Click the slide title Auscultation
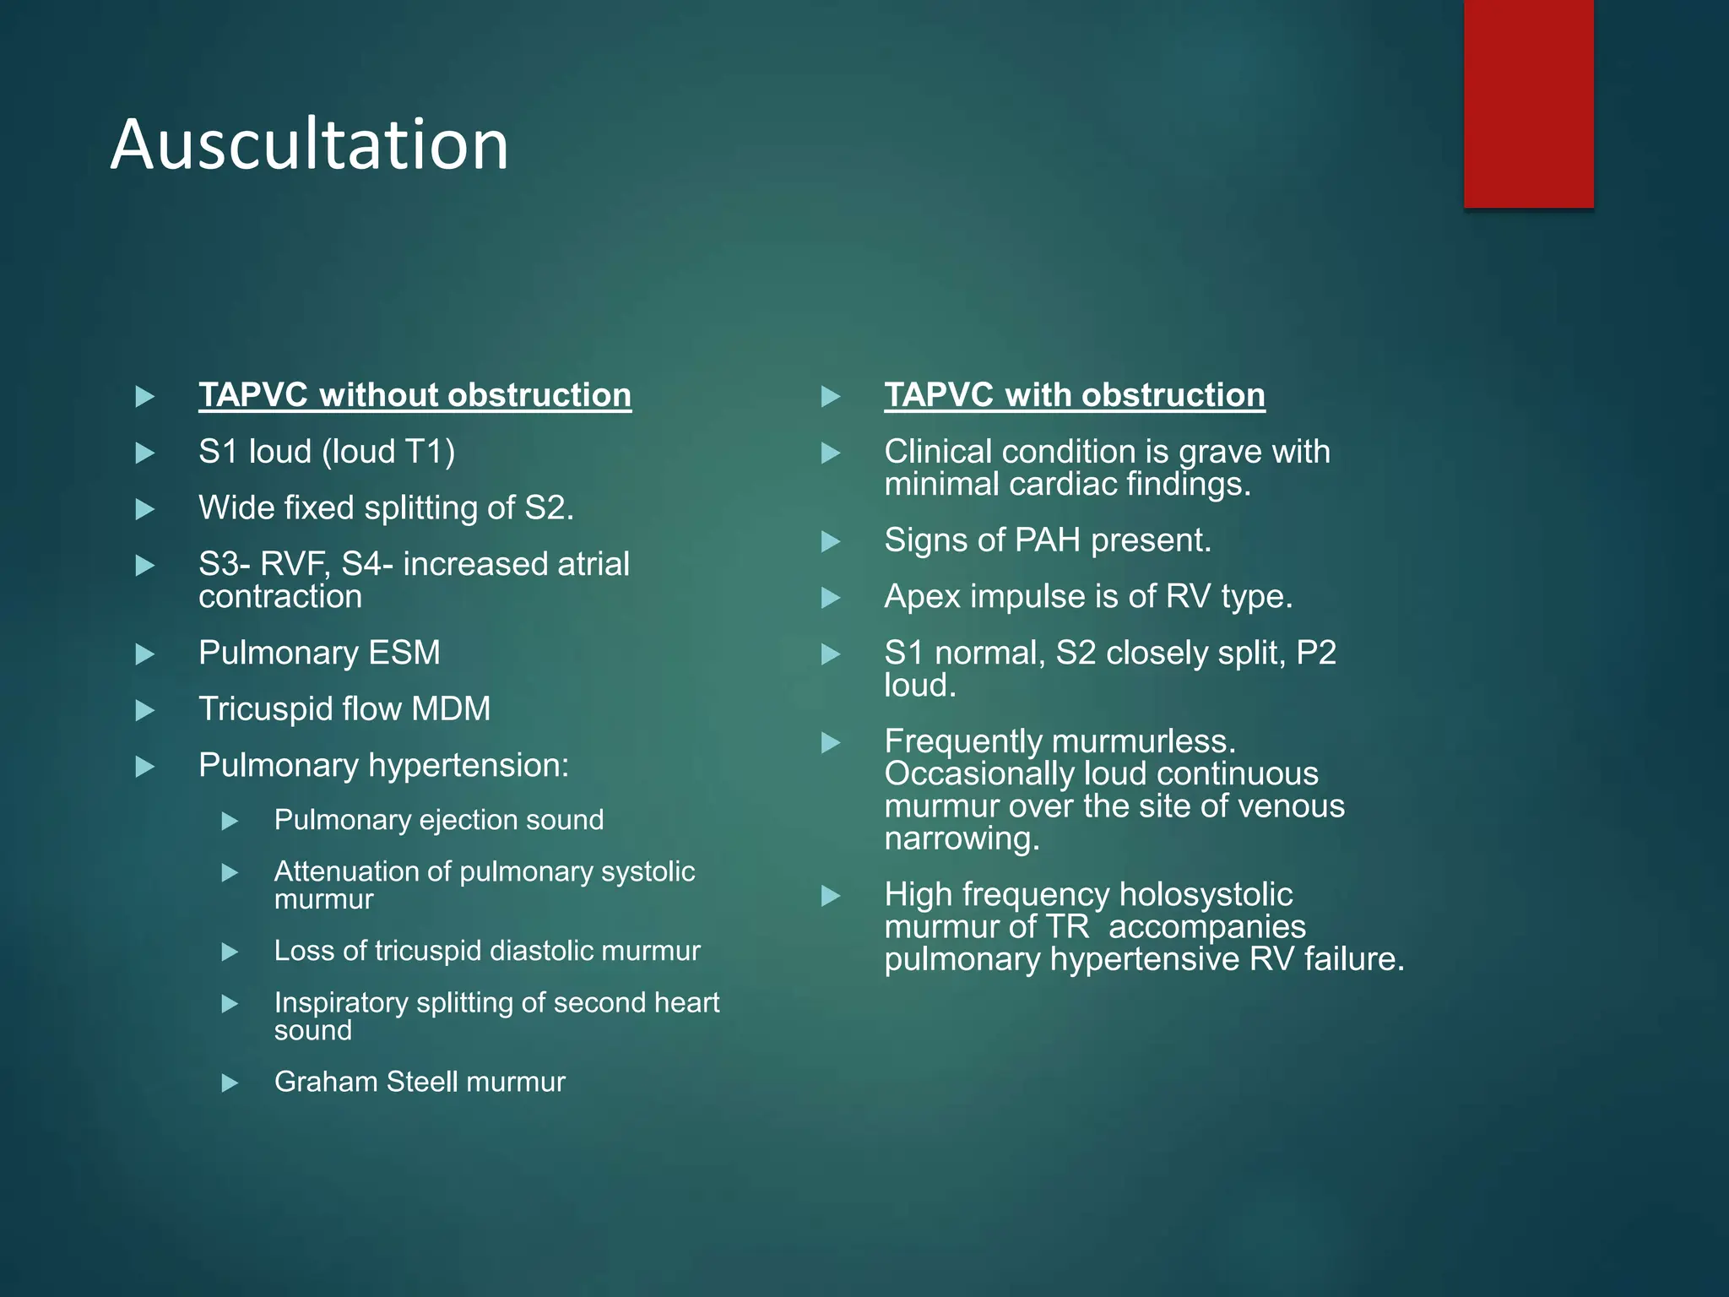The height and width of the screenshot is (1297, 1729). tap(309, 144)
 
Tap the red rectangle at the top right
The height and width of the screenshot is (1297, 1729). tap(1528, 103)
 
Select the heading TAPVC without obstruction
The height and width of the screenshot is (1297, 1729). tap(415, 395)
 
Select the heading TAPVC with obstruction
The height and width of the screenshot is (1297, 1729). tap(1074, 395)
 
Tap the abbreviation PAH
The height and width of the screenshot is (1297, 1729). tap(1048, 540)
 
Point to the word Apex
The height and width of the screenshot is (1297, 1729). tap(922, 597)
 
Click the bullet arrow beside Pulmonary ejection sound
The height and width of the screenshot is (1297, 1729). tap(230, 821)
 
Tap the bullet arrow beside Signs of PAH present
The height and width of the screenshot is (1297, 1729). tap(831, 541)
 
